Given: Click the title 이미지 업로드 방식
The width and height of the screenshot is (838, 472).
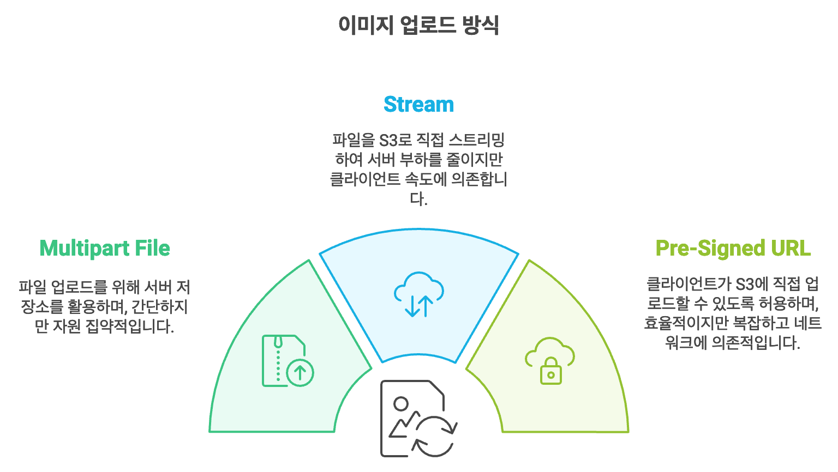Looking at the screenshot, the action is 418,25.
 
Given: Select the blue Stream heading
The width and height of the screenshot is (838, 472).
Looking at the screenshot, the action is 418,104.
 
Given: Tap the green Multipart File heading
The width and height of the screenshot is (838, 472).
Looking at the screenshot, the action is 105,248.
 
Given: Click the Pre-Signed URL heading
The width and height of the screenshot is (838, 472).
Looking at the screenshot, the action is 733,248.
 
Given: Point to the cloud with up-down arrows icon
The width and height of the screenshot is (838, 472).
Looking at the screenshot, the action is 418,294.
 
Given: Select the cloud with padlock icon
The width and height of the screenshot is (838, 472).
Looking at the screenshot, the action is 550,360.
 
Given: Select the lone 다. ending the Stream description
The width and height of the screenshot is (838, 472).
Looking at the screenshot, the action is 418,199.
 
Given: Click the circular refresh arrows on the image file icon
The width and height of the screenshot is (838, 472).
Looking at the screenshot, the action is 434,436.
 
